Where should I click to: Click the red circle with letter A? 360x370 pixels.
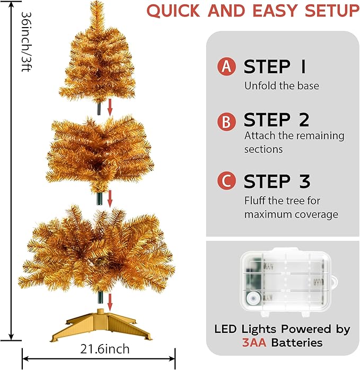click(x=226, y=67)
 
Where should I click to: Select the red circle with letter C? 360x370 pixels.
click(x=226, y=181)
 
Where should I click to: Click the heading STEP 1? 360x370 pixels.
click(x=275, y=67)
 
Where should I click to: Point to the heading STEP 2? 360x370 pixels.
click(x=276, y=121)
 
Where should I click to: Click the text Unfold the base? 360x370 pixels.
click(x=282, y=85)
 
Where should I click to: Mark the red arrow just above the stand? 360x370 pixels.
click(x=110, y=302)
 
